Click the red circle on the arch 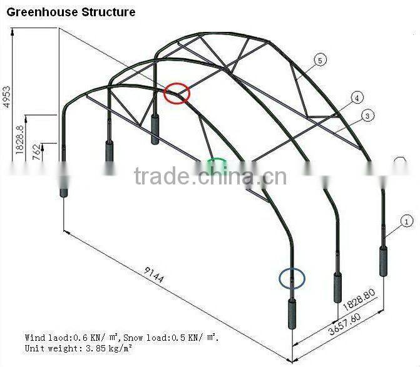(177, 93)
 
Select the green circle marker (217, 165)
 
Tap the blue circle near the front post (292, 279)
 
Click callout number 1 (406, 221)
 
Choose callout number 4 (357, 98)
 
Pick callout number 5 (320, 60)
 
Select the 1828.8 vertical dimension (19, 139)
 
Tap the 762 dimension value (36, 151)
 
